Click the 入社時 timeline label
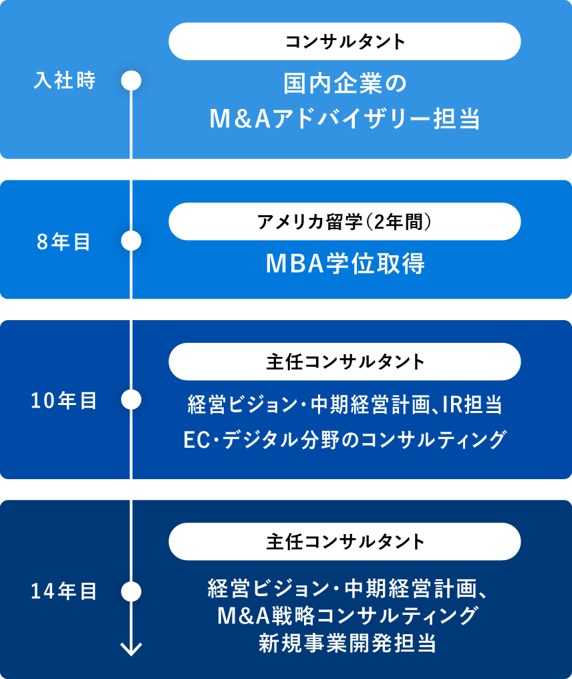(x=65, y=81)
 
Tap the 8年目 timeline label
(x=63, y=242)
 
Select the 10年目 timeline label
(x=63, y=400)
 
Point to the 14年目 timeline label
(x=63, y=591)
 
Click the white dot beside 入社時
(x=131, y=81)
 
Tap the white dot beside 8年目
(x=131, y=241)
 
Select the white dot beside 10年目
(x=131, y=399)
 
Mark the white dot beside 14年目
(x=131, y=591)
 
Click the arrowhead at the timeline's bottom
(x=131, y=649)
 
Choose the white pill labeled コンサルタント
(x=345, y=41)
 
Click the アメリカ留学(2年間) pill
(x=345, y=222)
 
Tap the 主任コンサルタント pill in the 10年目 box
(x=345, y=362)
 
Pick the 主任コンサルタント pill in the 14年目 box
(x=345, y=541)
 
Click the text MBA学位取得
(x=345, y=263)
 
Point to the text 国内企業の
(x=345, y=83)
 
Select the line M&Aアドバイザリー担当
(x=345, y=119)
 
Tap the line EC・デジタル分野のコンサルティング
(x=345, y=440)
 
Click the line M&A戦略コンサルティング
(x=347, y=616)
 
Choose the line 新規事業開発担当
(x=347, y=643)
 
